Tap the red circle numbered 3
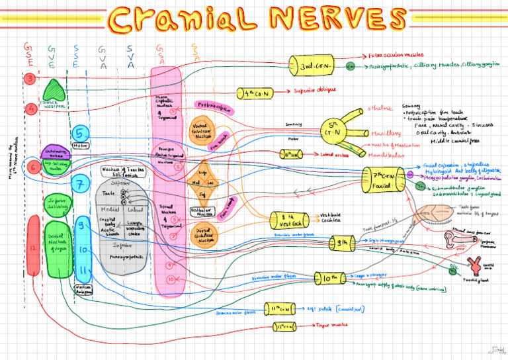(x=30, y=79)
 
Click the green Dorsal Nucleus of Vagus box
(x=58, y=249)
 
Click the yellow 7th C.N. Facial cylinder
(x=382, y=179)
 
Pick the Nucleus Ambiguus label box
(x=84, y=288)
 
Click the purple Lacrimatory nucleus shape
(x=55, y=153)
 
